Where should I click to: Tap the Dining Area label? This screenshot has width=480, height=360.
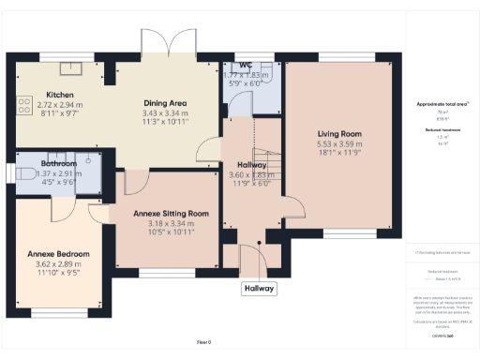(x=166, y=102)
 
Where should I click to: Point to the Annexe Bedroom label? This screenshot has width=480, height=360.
(x=57, y=254)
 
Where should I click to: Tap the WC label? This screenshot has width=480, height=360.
(x=247, y=65)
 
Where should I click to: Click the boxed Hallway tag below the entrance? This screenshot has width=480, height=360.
(x=258, y=289)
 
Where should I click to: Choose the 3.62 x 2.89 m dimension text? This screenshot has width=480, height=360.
(x=57, y=264)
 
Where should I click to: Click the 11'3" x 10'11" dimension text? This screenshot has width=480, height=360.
(x=166, y=122)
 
